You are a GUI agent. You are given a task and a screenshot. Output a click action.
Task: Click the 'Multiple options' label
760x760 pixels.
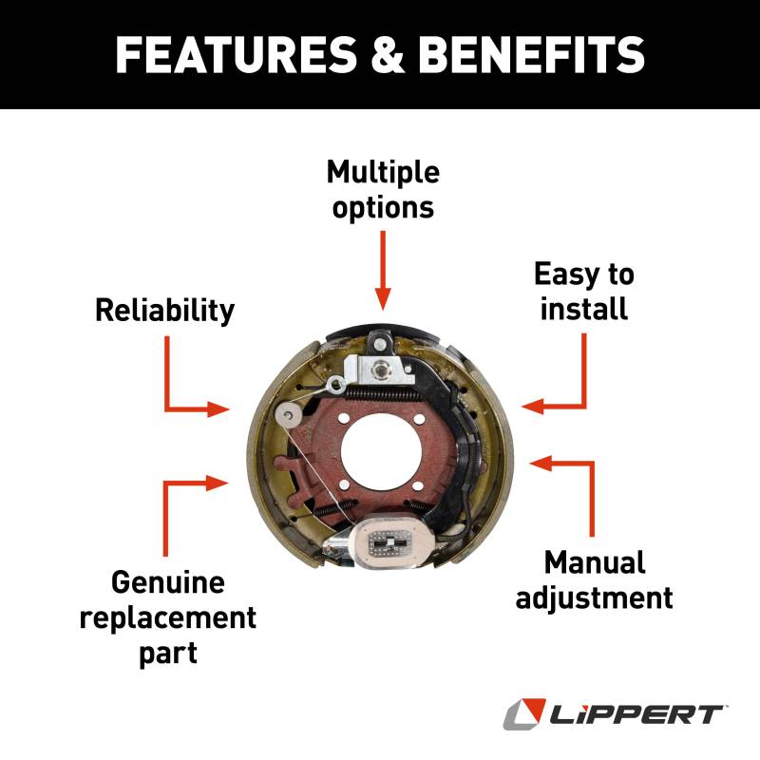pyautogui.click(x=383, y=189)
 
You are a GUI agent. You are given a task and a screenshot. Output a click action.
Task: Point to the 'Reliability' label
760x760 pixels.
pyautogui.click(x=164, y=310)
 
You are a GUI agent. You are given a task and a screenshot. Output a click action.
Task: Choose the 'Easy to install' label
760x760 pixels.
pyautogui.click(x=583, y=292)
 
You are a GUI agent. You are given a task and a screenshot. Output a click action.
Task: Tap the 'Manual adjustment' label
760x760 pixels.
pyautogui.click(x=595, y=579)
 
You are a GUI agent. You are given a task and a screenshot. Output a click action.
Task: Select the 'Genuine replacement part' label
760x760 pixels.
pyautogui.click(x=167, y=617)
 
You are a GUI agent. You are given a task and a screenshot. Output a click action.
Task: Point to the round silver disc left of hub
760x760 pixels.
pyautogui.click(x=288, y=415)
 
